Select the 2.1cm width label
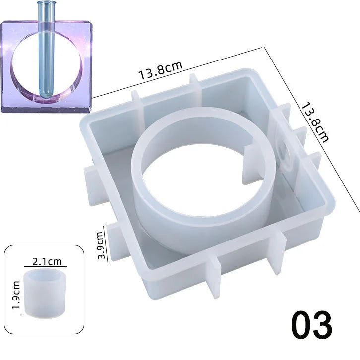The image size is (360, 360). [47, 261]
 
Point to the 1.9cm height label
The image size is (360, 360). [16, 295]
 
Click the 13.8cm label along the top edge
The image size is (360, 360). [160, 70]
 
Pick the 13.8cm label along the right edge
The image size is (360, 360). [315, 123]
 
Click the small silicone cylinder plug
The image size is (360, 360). [45, 294]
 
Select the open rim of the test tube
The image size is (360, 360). [47, 2]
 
